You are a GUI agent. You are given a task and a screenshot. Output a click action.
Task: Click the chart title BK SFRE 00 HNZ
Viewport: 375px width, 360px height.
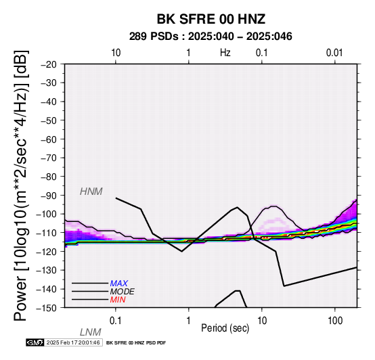pos(211,19)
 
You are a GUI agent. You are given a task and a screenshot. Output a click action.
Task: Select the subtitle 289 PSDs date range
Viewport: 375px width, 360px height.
pos(211,37)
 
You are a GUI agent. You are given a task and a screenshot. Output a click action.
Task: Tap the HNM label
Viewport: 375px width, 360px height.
pos(91,192)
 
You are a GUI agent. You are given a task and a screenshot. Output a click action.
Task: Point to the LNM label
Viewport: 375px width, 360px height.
pos(91,332)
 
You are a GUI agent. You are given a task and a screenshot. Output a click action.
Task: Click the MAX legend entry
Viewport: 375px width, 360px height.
pos(119,284)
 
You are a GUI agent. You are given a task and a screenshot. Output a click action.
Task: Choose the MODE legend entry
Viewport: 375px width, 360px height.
pos(123,292)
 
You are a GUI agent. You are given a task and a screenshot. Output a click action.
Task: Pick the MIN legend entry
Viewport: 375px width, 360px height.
pos(118,300)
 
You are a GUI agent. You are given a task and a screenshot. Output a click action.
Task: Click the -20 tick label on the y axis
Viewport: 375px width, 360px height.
pos(49,64)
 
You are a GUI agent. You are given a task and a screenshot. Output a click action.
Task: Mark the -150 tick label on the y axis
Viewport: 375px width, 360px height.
pos(46,308)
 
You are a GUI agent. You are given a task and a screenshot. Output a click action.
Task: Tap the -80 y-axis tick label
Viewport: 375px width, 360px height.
pos(49,177)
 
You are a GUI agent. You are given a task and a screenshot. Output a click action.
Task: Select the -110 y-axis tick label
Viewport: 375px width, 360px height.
pos(46,232)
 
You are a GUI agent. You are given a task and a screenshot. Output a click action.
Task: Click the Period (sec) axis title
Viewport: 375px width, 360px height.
pos(225,328)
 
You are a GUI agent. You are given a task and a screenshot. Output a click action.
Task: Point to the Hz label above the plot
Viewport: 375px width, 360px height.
pos(225,53)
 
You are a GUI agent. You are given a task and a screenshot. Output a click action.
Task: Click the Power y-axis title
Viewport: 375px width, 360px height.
pos(21,185)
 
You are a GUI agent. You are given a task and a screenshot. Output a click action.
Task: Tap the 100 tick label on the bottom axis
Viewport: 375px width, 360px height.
pos(335,321)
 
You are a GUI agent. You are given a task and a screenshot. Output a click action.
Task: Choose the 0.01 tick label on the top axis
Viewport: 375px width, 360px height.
pos(334,53)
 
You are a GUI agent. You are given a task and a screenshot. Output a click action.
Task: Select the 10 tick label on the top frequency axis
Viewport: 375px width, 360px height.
pos(116,53)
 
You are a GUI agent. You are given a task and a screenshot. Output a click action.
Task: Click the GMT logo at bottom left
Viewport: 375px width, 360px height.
pos(35,342)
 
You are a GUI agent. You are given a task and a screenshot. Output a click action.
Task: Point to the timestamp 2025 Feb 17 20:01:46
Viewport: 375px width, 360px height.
pos(73,342)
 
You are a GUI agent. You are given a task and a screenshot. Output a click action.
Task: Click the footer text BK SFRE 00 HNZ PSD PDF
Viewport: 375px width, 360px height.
pos(136,343)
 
